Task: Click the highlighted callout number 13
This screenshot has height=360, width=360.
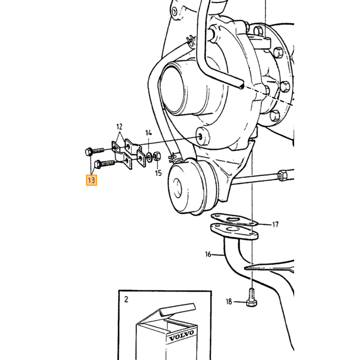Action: (92, 180)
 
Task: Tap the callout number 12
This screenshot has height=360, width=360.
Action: (119, 127)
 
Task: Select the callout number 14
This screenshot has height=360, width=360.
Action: (149, 133)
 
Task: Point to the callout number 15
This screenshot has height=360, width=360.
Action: (158, 173)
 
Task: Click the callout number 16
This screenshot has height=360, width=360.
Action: (208, 255)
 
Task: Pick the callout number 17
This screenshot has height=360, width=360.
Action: (276, 224)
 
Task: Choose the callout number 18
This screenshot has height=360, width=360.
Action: (229, 302)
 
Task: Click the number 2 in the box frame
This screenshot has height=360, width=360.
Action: (126, 300)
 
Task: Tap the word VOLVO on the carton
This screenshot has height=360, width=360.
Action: (182, 336)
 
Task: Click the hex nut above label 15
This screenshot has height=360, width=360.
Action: (157, 156)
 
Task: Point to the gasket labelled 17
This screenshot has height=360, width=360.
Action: (234, 220)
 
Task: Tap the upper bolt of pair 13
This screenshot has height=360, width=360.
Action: (95, 152)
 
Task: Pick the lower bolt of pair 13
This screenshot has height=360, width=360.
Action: (105, 164)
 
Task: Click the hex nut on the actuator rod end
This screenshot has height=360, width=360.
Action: (283, 175)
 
